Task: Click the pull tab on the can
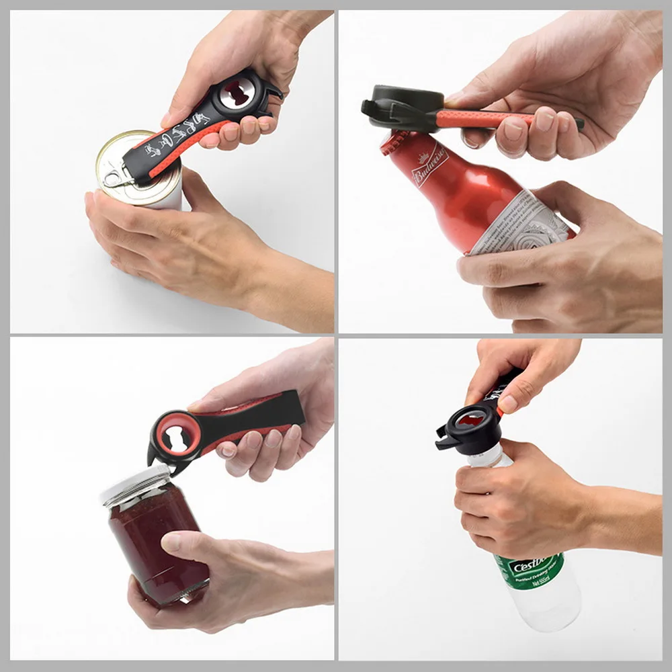pos(116,177)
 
